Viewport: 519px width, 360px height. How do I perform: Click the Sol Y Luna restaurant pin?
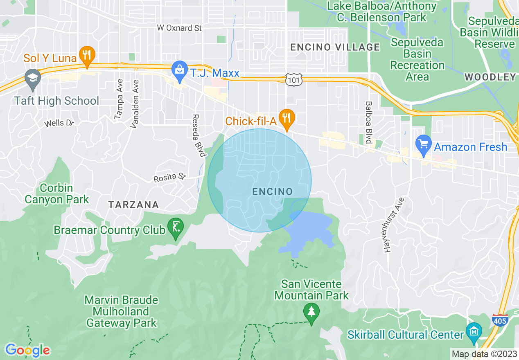coord(87,56)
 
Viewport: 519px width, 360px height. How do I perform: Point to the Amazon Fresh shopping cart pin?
coord(423,144)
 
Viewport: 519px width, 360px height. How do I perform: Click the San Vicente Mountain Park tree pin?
coord(311,313)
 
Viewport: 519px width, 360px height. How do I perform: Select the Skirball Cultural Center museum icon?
coord(474,331)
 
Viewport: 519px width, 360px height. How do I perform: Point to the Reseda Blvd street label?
coord(199,135)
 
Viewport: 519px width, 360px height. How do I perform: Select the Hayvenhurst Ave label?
coord(394,225)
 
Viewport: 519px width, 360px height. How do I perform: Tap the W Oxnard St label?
coord(180,28)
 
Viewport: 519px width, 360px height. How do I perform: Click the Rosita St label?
coord(169,178)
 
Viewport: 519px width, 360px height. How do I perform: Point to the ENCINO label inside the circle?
coord(272,191)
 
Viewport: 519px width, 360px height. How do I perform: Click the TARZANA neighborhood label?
coord(133,205)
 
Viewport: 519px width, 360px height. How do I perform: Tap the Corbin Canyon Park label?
coord(56,194)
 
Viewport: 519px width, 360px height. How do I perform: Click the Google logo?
coord(27,350)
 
